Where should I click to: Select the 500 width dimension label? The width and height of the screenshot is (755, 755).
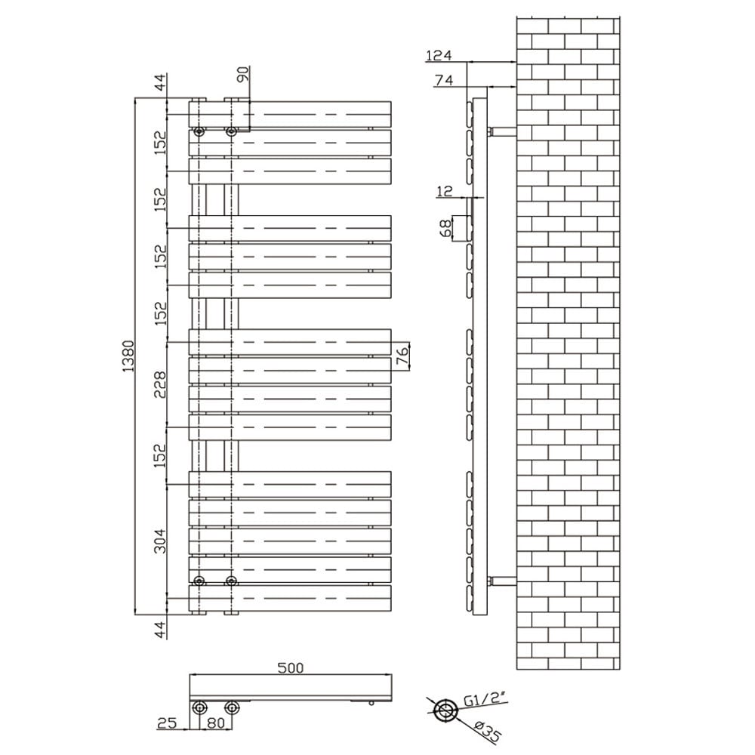coord(291,667)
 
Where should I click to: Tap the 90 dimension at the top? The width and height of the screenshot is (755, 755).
coord(242,75)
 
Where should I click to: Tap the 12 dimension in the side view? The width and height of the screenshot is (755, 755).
coord(444,192)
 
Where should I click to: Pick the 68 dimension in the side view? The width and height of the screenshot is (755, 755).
coord(445,226)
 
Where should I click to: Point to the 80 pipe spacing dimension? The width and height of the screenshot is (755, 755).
coord(215,723)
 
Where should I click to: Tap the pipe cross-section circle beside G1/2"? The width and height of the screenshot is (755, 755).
coord(445,710)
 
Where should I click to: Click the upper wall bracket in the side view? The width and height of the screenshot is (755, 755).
coord(502,131)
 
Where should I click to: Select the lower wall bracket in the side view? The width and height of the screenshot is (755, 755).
coord(502,581)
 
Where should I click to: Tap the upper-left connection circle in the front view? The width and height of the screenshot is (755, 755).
coord(199,131)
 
